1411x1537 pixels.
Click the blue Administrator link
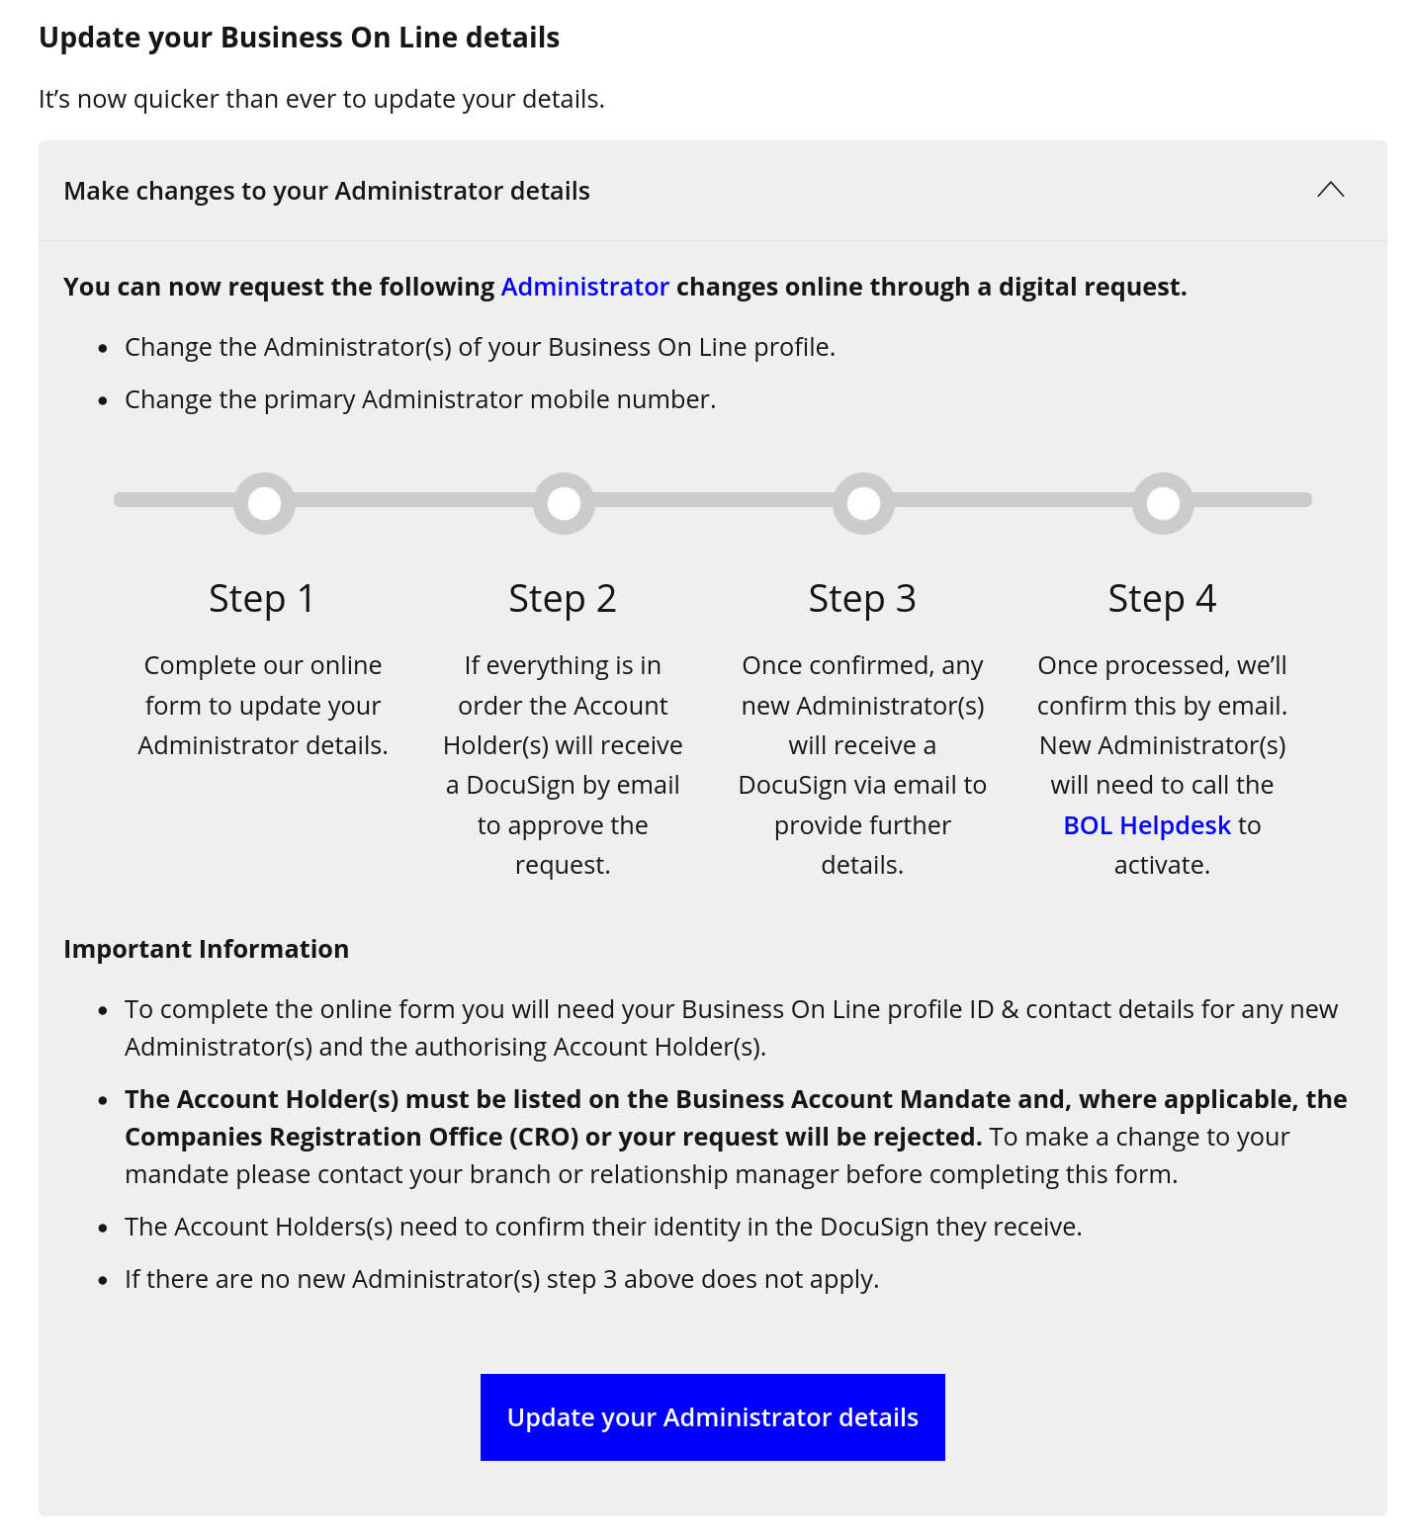click(584, 287)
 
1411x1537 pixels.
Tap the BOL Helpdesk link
click(1147, 825)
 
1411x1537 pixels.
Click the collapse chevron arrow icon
click(1330, 190)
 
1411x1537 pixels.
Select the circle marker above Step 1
click(264, 503)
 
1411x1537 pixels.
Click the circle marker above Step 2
click(564, 503)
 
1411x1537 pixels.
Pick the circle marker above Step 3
click(863, 503)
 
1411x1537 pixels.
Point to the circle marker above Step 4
click(1163, 503)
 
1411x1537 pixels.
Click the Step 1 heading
click(262, 599)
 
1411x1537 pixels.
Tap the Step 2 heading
click(562, 599)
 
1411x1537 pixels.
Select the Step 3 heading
click(862, 599)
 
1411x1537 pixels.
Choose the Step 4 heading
click(1162, 599)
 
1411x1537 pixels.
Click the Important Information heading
click(206, 949)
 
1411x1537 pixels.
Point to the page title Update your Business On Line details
click(299, 38)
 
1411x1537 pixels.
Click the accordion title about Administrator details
click(326, 191)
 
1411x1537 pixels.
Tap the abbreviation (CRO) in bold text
click(544, 1138)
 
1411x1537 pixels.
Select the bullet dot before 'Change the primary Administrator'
click(103, 401)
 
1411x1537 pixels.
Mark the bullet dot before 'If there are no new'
click(103, 1281)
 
